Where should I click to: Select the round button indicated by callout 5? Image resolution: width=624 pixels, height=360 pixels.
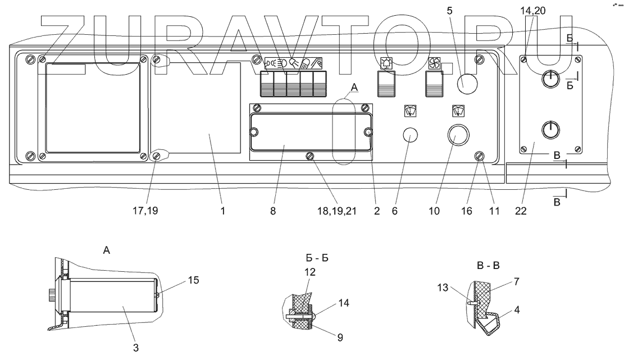point(466,85)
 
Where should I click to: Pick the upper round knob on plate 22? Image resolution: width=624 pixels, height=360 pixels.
point(551,79)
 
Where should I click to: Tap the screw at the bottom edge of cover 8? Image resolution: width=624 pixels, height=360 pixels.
point(309,156)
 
